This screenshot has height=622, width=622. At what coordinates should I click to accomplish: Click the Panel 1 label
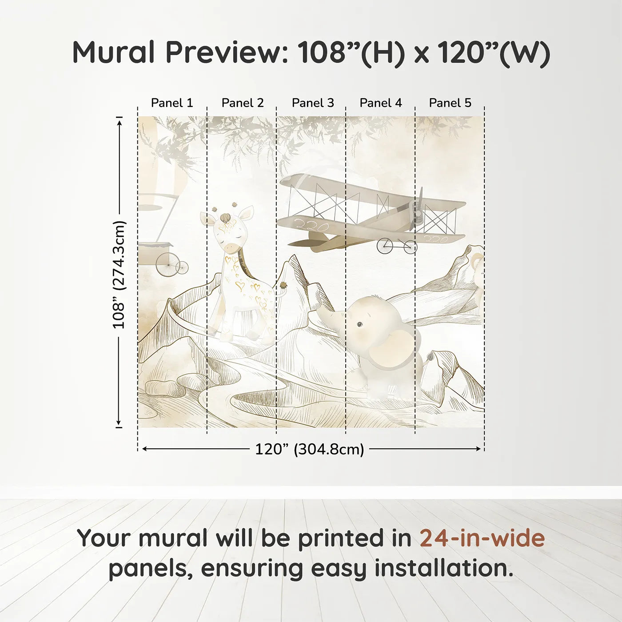172,103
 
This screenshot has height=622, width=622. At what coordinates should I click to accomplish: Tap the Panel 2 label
243,103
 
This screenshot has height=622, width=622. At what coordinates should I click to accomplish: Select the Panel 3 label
313,103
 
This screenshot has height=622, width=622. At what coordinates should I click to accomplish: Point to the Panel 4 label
381,103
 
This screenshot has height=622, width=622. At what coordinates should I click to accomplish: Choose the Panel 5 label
450,103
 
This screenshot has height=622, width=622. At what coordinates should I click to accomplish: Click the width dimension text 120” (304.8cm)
309,449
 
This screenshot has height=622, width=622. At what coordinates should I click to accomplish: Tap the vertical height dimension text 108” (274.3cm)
119,275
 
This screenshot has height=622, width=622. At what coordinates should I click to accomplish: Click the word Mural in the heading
113,52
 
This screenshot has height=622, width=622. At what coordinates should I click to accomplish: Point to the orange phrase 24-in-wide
482,538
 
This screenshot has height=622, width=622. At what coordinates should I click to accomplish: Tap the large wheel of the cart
166,265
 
